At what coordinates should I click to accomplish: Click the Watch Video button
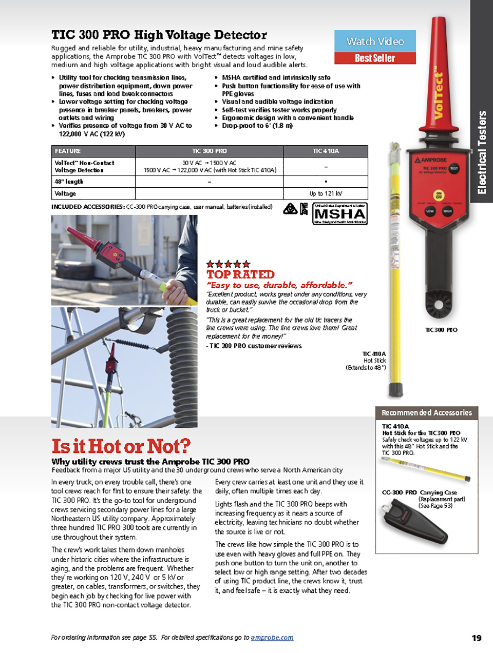pos(375,41)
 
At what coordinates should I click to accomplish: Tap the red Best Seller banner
pos(375,58)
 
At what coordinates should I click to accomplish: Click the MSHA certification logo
pos(339,214)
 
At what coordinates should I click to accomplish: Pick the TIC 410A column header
pos(326,151)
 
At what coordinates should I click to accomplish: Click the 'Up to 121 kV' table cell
pos(326,193)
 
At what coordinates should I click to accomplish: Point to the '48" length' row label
pos(69,182)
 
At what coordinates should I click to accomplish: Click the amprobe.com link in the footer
pos(272,638)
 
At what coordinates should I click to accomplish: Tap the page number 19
pos(477,638)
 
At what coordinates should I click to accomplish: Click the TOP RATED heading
pos(240,274)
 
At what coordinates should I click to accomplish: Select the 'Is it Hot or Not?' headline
pos(121,446)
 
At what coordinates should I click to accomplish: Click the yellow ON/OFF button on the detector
pos(439,195)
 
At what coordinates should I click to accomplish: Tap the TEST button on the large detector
pos(454,168)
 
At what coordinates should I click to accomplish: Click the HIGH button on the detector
pos(448,211)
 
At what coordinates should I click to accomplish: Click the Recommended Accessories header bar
pos(426,412)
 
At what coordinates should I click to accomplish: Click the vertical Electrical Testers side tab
pos(482,152)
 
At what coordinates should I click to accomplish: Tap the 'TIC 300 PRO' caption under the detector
pos(441,330)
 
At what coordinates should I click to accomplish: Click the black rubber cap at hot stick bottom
pos(395,389)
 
